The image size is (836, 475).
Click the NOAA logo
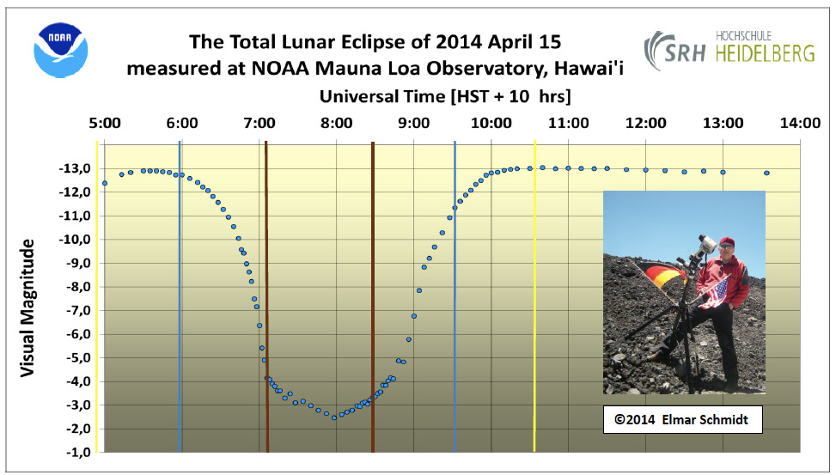[x=60, y=50]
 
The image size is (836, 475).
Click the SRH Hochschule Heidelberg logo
[x=729, y=50]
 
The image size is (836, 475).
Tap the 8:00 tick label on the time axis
[x=337, y=123]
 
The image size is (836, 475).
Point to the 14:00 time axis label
[x=800, y=123]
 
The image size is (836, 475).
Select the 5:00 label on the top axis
[x=105, y=123]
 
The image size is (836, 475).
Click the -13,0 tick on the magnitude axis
[x=75, y=169]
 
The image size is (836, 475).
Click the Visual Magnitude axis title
[x=27, y=308]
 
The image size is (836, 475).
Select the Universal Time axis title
[x=445, y=96]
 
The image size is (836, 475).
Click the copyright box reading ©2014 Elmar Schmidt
[x=682, y=419]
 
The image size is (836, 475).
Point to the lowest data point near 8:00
[x=334, y=417]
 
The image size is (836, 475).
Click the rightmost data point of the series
[x=766, y=173]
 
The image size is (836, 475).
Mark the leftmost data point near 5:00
[x=105, y=184]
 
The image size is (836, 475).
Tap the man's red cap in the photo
[x=726, y=241]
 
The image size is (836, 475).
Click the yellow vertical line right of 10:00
[x=534, y=295]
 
